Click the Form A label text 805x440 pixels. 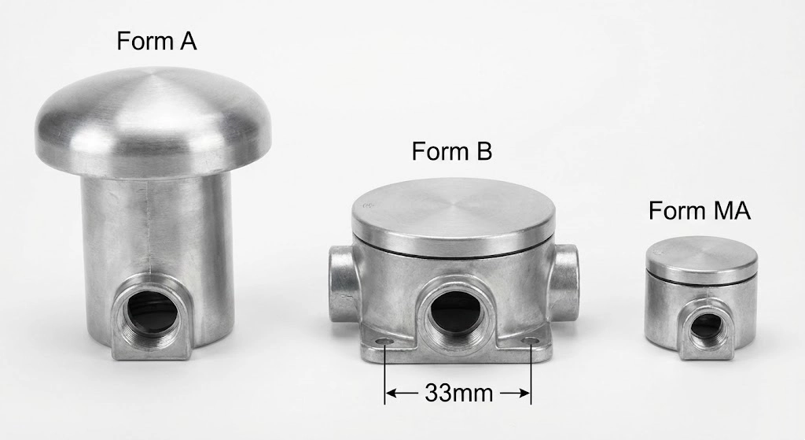coord(156,41)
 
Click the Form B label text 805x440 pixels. coord(451,150)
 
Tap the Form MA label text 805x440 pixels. coord(699,211)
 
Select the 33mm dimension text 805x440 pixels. coord(458,392)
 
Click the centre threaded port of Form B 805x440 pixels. coord(454,316)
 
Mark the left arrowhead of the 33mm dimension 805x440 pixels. coord(391,392)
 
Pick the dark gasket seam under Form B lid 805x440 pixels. coord(454,245)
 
